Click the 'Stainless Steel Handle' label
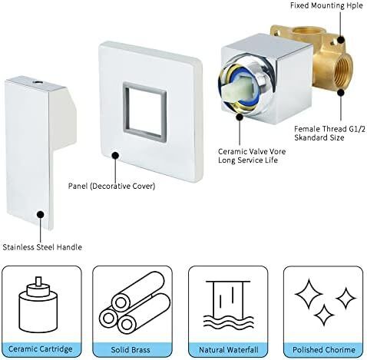click(x=42, y=247)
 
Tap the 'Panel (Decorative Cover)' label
click(x=111, y=186)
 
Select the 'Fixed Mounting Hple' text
click(x=326, y=5)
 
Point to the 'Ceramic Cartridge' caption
click(x=41, y=349)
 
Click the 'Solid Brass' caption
click(x=131, y=349)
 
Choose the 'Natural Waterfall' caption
click(x=229, y=349)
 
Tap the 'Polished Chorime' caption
click(x=324, y=349)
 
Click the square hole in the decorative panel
click(x=145, y=112)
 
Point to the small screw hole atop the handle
click(x=38, y=83)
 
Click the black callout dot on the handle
click(x=40, y=214)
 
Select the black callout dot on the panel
click(x=115, y=155)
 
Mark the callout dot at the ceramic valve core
click(x=240, y=117)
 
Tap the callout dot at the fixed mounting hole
click(x=340, y=40)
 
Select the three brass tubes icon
click(x=134, y=304)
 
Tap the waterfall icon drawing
click(x=229, y=304)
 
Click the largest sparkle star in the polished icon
click(x=309, y=294)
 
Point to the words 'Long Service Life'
click(x=248, y=160)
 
